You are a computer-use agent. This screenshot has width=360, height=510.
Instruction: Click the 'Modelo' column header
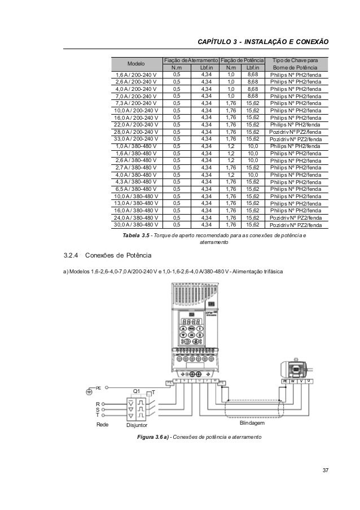click(x=136, y=64)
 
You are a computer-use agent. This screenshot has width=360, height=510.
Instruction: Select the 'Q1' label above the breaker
click(x=136, y=391)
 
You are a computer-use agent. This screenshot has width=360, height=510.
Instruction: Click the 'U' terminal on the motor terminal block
click(x=309, y=381)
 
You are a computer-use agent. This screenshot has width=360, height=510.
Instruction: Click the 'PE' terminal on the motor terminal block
click(x=286, y=381)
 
